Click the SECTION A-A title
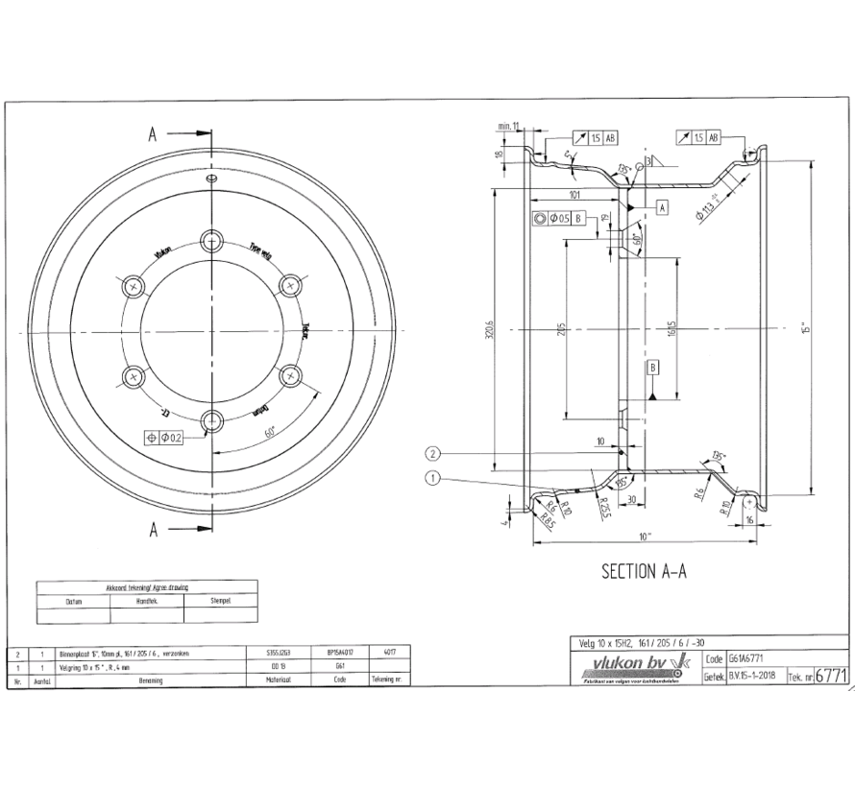tap(644, 571)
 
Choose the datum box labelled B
tap(652, 368)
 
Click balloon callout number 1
tap(433, 477)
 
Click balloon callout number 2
tap(433, 453)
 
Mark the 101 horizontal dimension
tap(574, 195)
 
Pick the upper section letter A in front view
tap(152, 134)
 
